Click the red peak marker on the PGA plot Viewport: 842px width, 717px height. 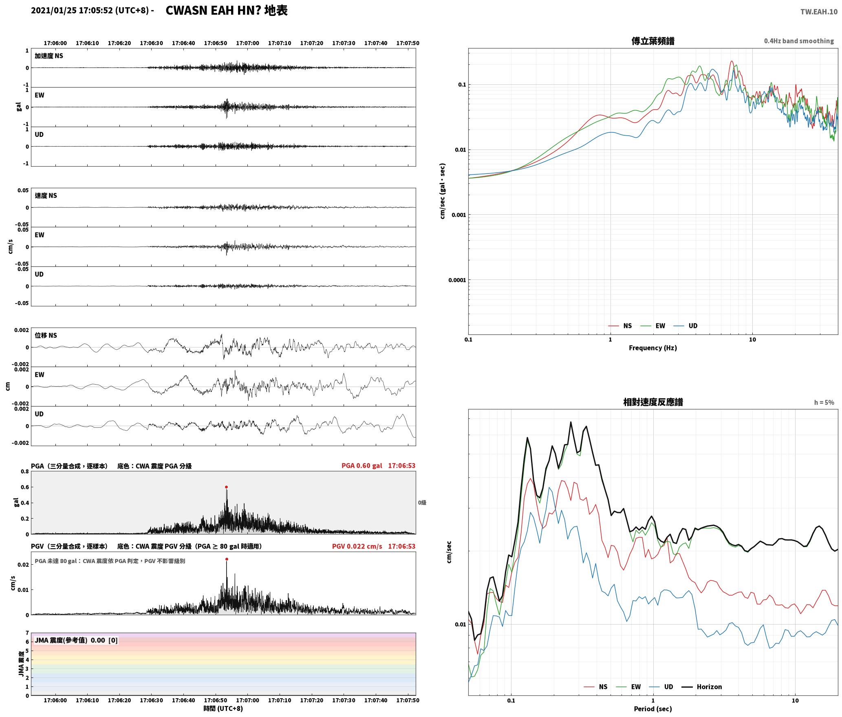[226, 487]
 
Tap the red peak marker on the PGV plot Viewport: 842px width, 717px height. [227, 559]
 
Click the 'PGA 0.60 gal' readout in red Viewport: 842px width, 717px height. [362, 466]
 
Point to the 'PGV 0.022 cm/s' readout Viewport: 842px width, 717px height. [357, 546]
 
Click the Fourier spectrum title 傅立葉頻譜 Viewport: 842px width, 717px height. [653, 41]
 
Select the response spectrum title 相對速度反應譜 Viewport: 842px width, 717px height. [653, 402]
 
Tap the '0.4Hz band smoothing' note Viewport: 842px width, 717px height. [799, 41]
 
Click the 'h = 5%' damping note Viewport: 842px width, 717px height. [824, 402]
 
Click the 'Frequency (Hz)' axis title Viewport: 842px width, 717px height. [653, 348]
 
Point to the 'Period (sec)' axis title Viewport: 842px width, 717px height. [653, 709]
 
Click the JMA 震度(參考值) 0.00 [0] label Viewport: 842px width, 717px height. [76, 640]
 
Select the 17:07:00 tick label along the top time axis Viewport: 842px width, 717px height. [247, 43]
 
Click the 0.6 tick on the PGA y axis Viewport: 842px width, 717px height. [24, 487]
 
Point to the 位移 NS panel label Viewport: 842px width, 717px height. [46, 335]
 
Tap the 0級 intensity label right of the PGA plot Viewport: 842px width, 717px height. [422, 503]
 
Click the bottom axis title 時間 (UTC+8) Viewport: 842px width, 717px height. [223, 708]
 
